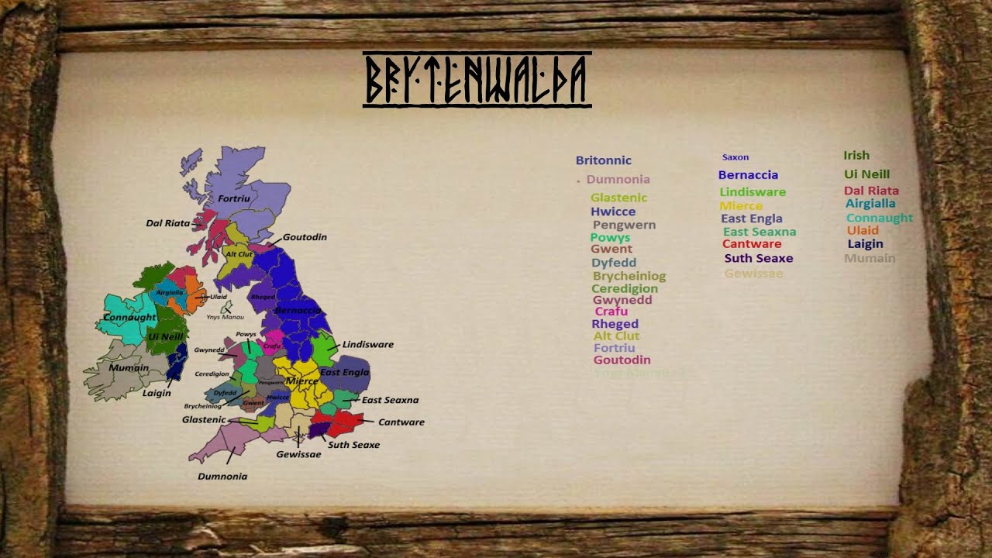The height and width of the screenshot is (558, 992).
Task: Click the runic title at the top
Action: click(477, 80)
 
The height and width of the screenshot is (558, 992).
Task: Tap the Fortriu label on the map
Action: click(234, 199)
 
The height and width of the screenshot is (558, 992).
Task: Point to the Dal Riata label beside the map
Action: click(168, 223)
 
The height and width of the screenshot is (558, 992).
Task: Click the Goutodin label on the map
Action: click(305, 237)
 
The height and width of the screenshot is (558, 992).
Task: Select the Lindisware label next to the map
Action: click(367, 344)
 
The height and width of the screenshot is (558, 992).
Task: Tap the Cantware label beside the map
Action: click(401, 422)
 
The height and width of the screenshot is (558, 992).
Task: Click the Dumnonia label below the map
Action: click(222, 477)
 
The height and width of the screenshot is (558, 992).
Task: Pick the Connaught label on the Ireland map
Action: click(129, 318)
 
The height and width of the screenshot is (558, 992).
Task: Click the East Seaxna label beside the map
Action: click(390, 400)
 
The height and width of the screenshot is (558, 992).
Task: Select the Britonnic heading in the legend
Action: click(603, 160)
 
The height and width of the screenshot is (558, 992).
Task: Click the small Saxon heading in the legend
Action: click(735, 157)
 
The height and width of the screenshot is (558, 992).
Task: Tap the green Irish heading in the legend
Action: click(856, 155)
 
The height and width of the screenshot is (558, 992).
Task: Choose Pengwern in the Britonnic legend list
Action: click(624, 225)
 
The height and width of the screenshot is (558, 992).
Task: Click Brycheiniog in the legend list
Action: click(629, 276)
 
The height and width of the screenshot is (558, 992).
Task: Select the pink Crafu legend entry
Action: click(611, 312)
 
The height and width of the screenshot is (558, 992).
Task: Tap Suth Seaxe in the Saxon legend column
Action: click(758, 258)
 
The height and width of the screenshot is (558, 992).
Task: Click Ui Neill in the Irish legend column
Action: click(866, 174)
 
